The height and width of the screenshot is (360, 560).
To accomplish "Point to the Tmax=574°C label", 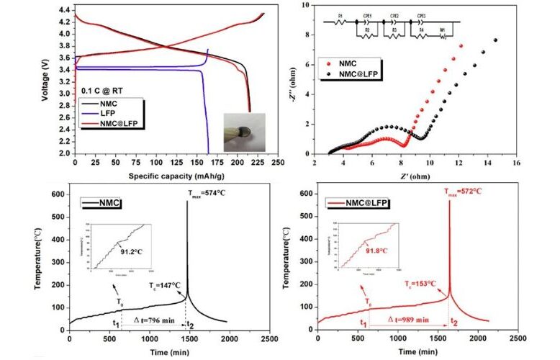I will click(212, 192).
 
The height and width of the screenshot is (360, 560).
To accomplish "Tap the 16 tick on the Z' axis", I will click(515, 164).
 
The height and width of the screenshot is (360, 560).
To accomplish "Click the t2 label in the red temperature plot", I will click(453, 321).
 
